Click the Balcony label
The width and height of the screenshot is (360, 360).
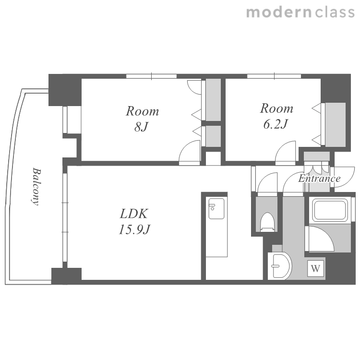tap(36, 186)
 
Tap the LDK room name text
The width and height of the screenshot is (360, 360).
tap(134, 214)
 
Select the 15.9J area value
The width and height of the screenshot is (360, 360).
tap(134, 229)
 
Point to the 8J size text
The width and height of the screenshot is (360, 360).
tap(141, 127)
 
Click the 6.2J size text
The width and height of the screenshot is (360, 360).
tap(276, 124)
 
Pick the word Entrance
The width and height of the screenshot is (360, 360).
tap(319, 179)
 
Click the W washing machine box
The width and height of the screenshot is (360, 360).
tap(316, 268)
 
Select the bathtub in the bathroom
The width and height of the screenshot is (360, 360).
tap(330, 210)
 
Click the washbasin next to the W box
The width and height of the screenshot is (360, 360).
tap(280, 266)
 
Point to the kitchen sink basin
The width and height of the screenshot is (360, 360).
tap(216, 208)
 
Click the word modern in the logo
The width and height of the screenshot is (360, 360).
tap(279, 12)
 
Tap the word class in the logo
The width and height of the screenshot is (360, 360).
tap(335, 12)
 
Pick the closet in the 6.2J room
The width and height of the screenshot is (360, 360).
tap(336, 125)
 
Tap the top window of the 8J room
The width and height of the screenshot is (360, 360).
tap(151, 76)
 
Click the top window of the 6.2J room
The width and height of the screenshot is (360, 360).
tap(274, 76)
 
